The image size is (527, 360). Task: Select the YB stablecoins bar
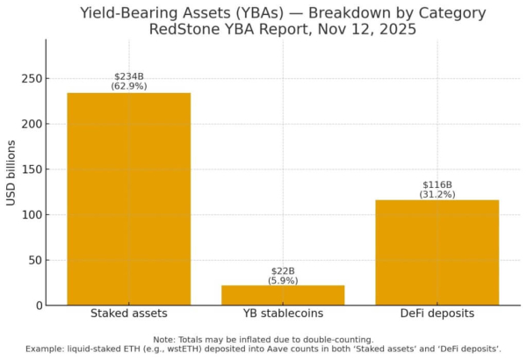[282, 295]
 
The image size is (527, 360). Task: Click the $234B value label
[128, 76]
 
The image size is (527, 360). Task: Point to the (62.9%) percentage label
[128, 86]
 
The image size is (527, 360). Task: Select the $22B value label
[282, 271]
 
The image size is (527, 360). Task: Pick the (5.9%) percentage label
[282, 281]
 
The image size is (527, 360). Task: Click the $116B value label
[437, 184]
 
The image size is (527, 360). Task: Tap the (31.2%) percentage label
[437, 194]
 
